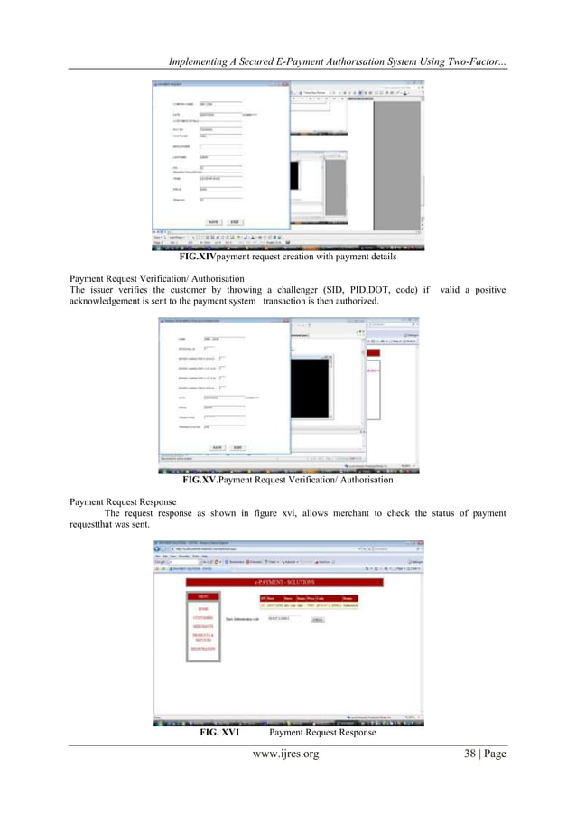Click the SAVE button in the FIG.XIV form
[x=214, y=221]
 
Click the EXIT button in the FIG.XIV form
[x=235, y=221]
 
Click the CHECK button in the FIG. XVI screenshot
[x=318, y=620]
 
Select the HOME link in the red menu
[x=203, y=609]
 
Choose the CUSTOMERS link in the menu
[x=203, y=618]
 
